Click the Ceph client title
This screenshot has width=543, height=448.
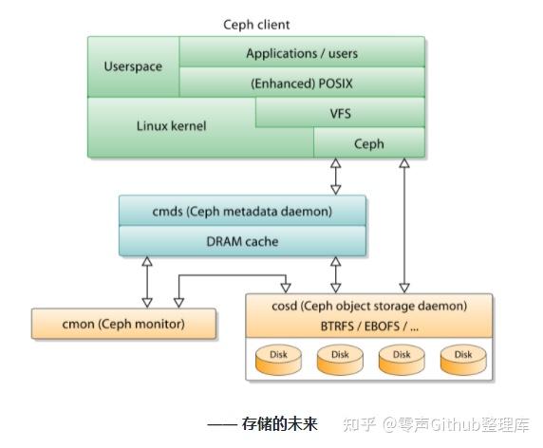click(x=256, y=24)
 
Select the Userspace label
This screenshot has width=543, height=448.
click(x=133, y=67)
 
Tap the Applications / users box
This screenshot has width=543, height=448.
click(x=302, y=53)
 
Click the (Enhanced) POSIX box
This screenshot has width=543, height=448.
click(x=302, y=83)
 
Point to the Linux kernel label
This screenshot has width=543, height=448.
click(x=171, y=125)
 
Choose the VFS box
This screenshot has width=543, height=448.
click(x=340, y=113)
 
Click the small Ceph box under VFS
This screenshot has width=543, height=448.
click(x=368, y=143)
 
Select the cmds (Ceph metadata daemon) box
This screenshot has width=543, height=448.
click(x=242, y=211)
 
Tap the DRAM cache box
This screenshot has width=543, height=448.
click(x=242, y=241)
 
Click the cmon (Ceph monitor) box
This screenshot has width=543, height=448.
click(x=123, y=324)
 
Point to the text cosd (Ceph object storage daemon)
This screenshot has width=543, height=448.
click(x=369, y=306)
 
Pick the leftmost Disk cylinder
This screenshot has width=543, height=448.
click(x=278, y=358)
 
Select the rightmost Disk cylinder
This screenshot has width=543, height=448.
click(x=462, y=358)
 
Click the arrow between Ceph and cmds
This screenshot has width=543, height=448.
click(x=335, y=177)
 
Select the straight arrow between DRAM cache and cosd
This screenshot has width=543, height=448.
click(x=334, y=274)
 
